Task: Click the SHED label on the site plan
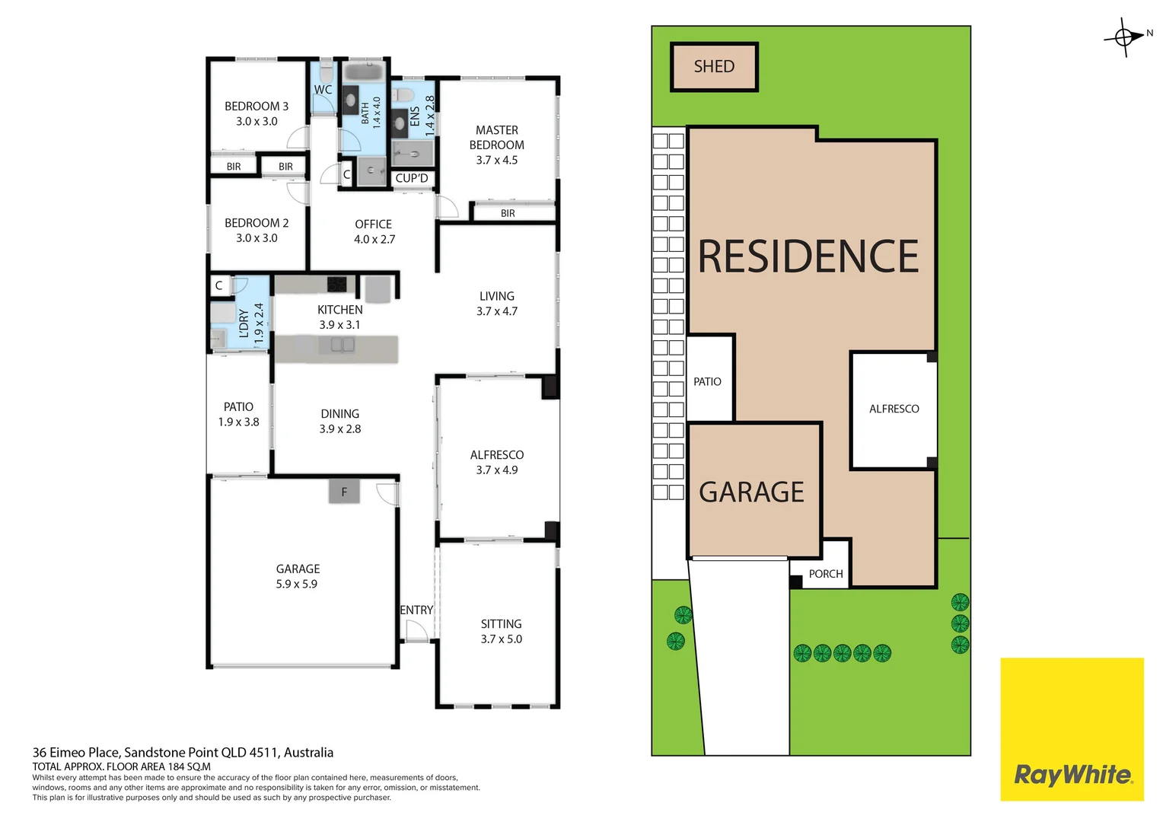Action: click(714, 67)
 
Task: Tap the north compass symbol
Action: click(1124, 37)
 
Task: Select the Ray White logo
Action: click(1072, 774)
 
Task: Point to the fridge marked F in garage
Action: click(344, 492)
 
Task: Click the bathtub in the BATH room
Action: click(365, 72)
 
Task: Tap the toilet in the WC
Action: click(326, 73)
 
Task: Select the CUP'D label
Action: click(412, 178)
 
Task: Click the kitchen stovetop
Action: click(337, 284)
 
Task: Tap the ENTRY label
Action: click(416, 610)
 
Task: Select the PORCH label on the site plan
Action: click(826, 574)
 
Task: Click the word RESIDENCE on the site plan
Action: click(808, 256)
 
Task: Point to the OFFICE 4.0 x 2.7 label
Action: click(374, 231)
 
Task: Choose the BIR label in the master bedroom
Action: click(508, 213)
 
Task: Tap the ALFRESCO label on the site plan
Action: click(894, 409)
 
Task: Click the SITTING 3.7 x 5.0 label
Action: click(501, 631)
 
